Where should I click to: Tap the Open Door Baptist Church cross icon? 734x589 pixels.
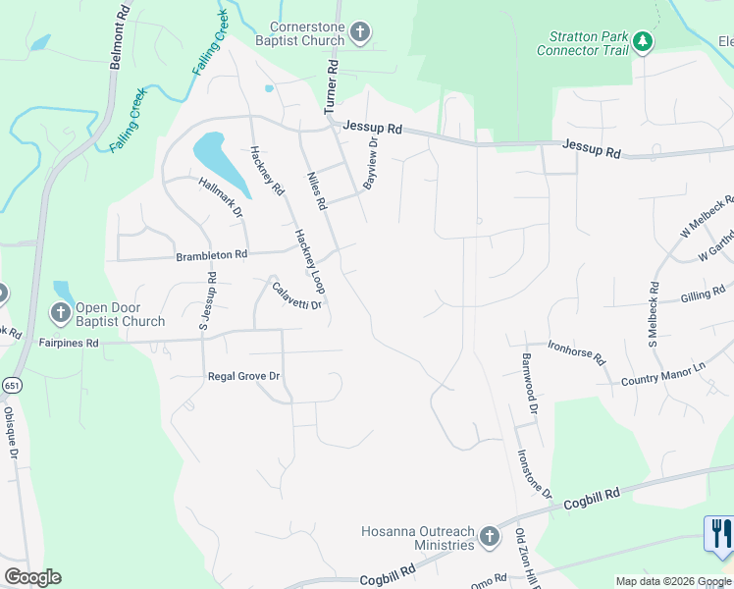[x=59, y=313]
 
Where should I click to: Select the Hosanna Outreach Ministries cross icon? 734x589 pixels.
[x=491, y=536]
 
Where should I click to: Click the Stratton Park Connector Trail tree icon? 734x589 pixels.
[x=643, y=41]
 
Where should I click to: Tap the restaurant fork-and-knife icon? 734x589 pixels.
[x=720, y=533]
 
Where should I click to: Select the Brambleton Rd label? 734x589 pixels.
[x=211, y=255]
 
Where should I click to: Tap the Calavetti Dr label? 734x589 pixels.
[x=297, y=295]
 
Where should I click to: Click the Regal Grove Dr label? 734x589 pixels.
[x=244, y=376]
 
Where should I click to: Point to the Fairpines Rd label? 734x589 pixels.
[x=69, y=344]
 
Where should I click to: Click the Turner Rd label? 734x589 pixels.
[x=331, y=87]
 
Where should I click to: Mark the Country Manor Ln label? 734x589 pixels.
[x=663, y=373]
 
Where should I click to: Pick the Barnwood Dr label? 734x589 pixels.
[x=531, y=384]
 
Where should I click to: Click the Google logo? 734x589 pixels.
[x=32, y=577]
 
